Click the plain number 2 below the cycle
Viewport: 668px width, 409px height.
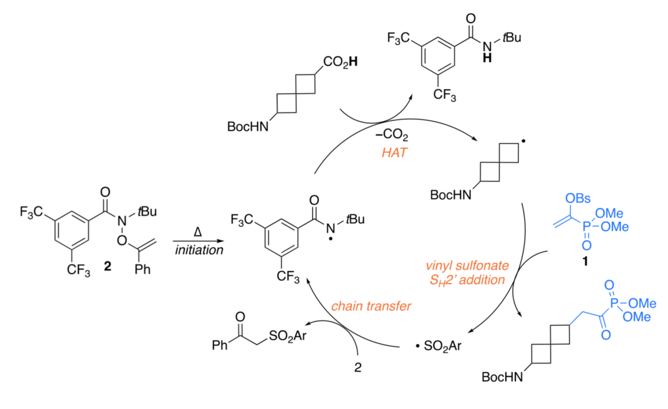[x=358, y=369]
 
